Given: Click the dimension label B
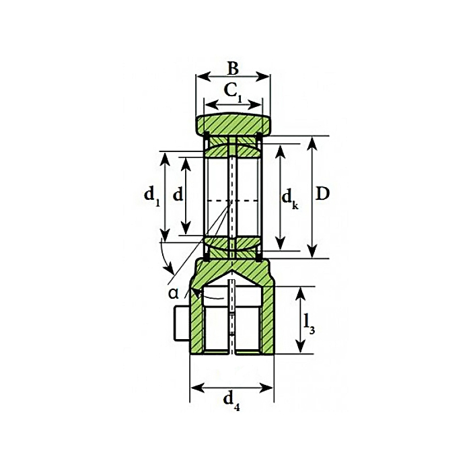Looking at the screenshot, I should point(232,68).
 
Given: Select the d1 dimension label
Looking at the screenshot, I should point(151,195).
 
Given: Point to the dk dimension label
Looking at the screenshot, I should point(289,198).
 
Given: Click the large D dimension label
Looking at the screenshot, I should point(323,194).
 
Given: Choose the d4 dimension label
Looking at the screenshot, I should point(231,402).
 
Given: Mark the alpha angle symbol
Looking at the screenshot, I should point(174,293).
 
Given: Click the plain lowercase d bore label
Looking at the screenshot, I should point(178,195).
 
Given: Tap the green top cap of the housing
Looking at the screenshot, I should point(233,124).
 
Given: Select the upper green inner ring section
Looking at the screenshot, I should point(233,148).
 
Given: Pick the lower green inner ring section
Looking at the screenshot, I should point(233,247).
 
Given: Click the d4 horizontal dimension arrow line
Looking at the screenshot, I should point(232,388).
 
